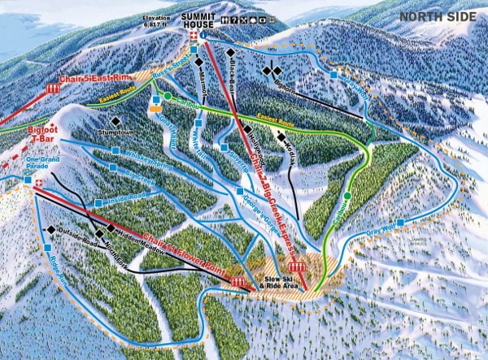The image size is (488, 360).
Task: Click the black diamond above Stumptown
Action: point(115,121)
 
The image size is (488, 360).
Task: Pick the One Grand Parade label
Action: point(43,164)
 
